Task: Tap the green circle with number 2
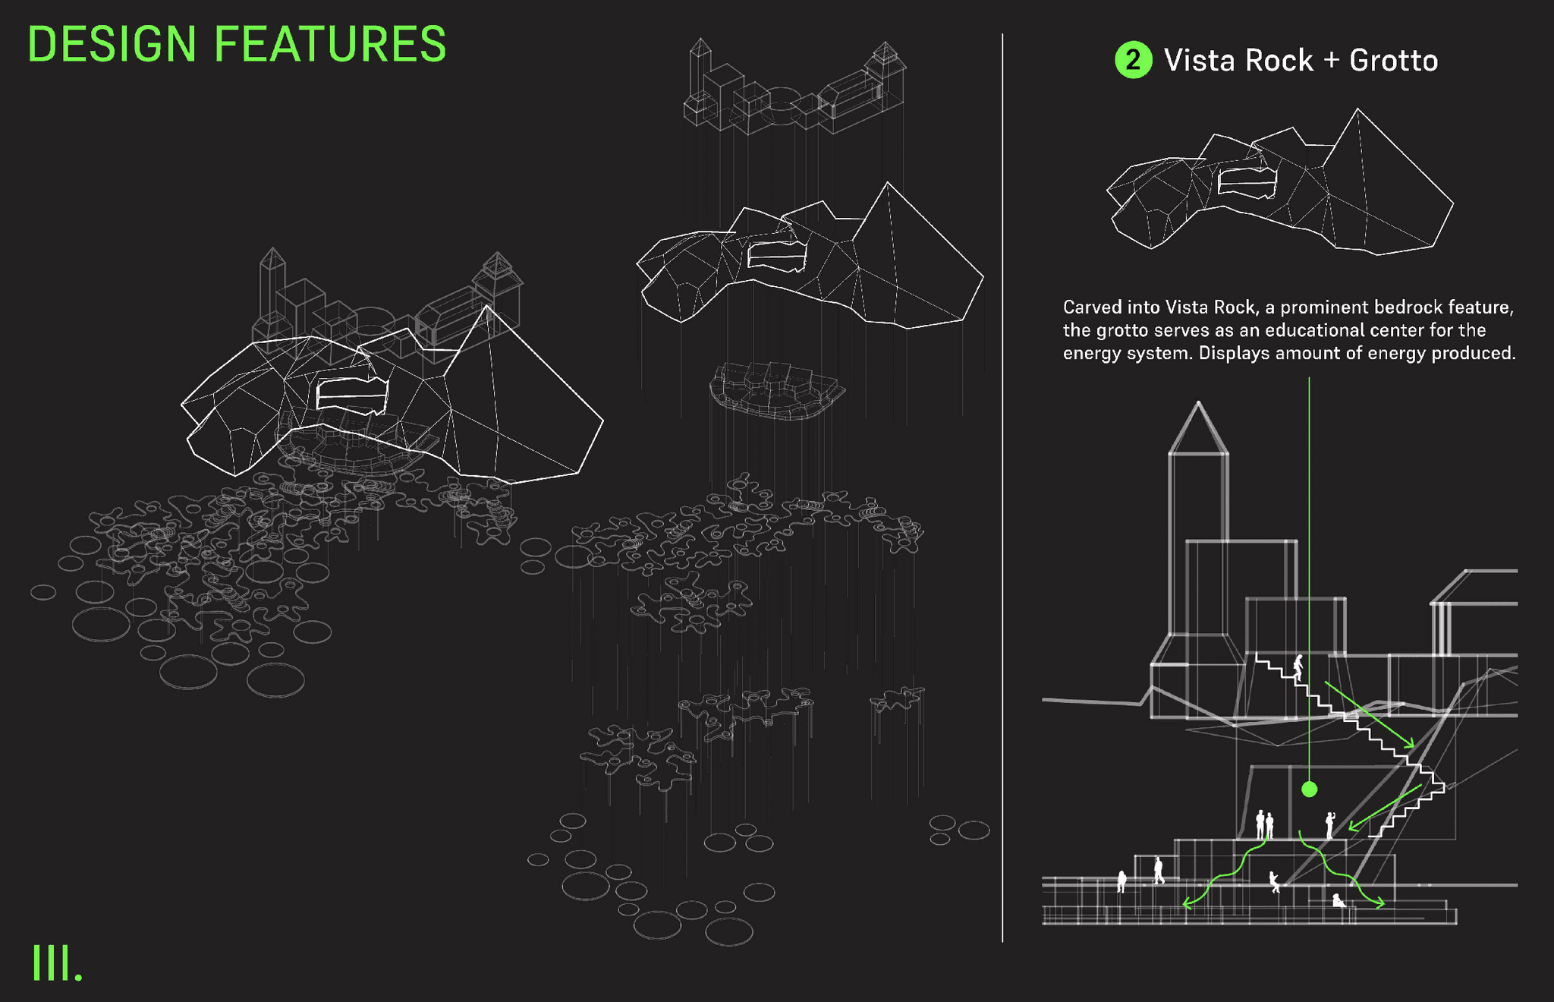point(1132,61)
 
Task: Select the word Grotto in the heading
point(1393,61)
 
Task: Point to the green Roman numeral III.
point(56,964)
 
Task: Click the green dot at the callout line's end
point(1309,789)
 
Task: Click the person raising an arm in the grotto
point(1329,824)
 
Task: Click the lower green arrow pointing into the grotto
point(1385,808)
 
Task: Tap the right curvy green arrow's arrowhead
point(1379,903)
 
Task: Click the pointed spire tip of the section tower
point(1198,403)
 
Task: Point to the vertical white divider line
point(1002,486)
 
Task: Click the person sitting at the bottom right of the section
point(1339,901)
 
